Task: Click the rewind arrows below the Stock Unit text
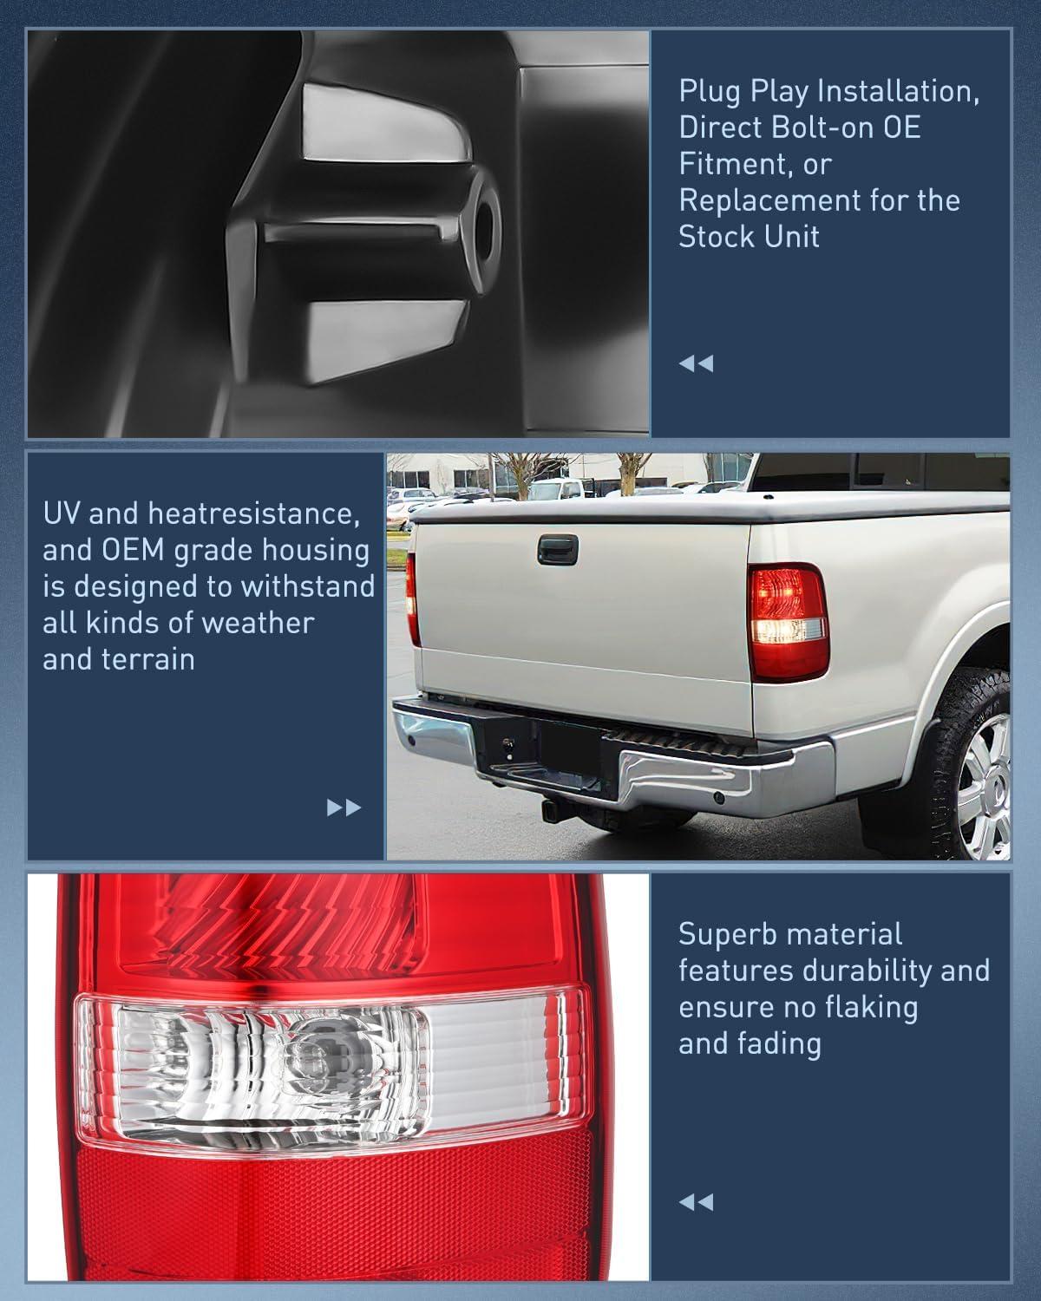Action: [x=696, y=363]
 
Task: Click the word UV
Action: [x=62, y=513]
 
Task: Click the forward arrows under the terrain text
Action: [x=344, y=808]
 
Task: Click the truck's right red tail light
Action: [x=788, y=620]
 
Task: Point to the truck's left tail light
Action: [x=414, y=598]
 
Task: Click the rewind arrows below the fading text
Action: [x=696, y=1202]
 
